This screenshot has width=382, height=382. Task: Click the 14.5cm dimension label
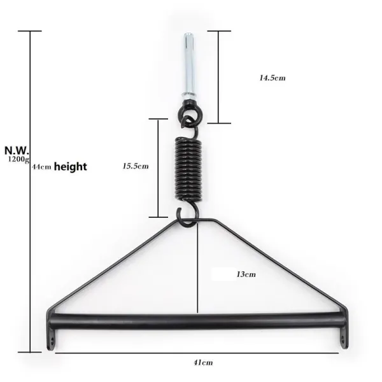(272, 78)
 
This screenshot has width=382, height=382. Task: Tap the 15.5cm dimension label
(136, 166)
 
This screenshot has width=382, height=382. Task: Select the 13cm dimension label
(246, 274)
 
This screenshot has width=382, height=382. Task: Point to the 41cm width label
(202, 362)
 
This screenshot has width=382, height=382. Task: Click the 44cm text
(41, 167)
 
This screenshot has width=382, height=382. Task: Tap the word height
(70, 167)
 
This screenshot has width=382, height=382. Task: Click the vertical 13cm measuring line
(199, 274)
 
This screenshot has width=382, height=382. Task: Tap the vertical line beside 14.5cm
(218, 76)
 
